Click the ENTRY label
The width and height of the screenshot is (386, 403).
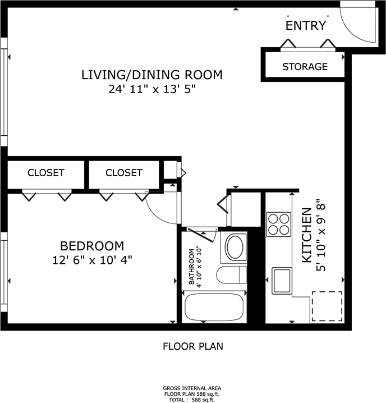(306, 26)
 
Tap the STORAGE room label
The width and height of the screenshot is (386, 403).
(305, 67)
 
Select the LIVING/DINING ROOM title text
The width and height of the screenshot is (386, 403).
(152, 75)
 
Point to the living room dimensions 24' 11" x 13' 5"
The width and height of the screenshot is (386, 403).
(152, 89)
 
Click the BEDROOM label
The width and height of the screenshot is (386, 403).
(92, 246)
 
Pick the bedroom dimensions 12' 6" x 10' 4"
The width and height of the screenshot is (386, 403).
(92, 260)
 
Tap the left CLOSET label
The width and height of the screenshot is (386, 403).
(46, 173)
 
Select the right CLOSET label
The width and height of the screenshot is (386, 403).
(124, 173)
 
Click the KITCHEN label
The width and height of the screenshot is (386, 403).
(306, 235)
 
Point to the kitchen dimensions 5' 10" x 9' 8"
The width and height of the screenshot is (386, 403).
(321, 235)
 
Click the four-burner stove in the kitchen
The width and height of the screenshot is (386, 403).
(279, 224)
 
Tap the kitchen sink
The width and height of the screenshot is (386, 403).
(282, 281)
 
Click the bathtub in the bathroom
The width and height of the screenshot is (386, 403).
(214, 308)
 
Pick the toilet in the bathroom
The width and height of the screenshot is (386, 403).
(232, 275)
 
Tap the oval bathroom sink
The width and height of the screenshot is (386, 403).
(234, 247)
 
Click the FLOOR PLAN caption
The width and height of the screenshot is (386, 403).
(193, 346)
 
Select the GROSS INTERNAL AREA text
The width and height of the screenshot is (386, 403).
(192, 388)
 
